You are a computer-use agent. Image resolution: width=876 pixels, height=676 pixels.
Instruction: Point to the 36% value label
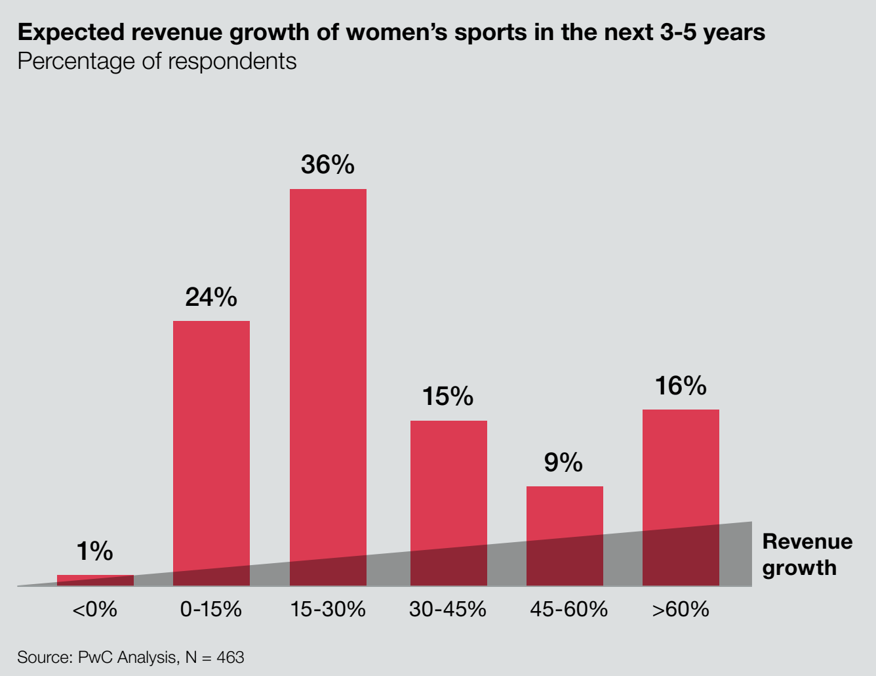[x=328, y=165]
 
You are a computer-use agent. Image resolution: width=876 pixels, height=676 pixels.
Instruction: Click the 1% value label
[x=95, y=551]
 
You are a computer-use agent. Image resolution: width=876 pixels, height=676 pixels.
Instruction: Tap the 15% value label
[x=448, y=396]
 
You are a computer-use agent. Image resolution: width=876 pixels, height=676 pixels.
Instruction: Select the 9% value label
[x=563, y=463]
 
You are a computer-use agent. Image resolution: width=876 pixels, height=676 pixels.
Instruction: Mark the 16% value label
[x=681, y=386]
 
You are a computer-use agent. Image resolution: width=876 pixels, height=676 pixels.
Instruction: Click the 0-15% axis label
[x=211, y=610]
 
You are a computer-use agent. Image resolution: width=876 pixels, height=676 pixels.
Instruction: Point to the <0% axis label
[x=95, y=610]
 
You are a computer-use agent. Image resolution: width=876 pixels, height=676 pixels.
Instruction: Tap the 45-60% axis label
[x=568, y=610]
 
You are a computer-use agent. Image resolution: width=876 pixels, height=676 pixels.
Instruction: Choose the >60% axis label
[x=681, y=610]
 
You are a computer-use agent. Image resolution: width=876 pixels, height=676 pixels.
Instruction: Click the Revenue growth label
[x=807, y=555]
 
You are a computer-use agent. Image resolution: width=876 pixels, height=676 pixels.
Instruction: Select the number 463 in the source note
[x=230, y=658]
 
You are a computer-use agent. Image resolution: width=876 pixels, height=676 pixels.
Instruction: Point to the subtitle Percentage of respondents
[x=157, y=61]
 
